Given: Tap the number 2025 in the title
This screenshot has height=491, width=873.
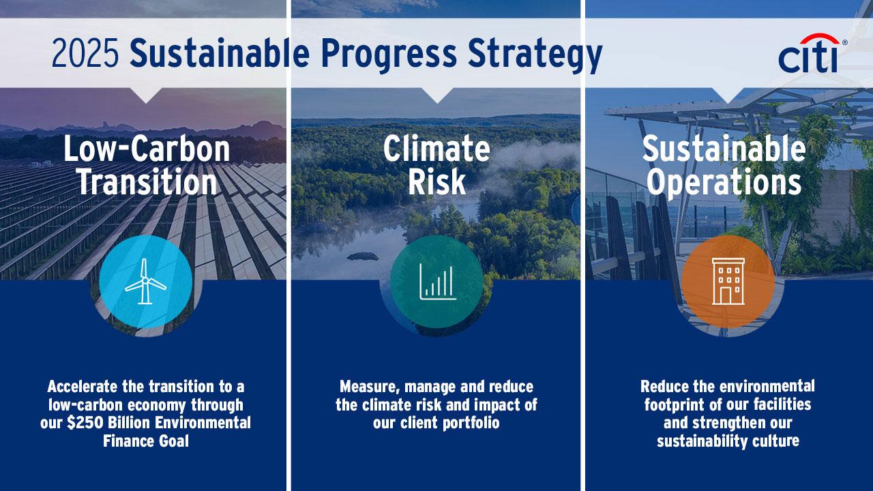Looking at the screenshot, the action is point(85,53).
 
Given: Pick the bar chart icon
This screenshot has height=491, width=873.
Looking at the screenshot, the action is point(438,282).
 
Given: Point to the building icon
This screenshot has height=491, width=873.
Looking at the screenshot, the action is point(728,282).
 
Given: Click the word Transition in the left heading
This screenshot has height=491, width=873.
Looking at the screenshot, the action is point(147,182).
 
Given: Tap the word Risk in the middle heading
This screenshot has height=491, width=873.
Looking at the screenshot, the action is point(436,182).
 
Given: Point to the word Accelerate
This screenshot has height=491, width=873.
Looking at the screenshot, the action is point(82,387).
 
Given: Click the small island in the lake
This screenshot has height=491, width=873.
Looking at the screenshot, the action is point(362,256).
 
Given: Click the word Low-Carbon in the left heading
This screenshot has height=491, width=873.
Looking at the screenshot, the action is point(147,149).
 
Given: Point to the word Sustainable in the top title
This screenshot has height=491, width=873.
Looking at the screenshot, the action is point(220,53).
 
